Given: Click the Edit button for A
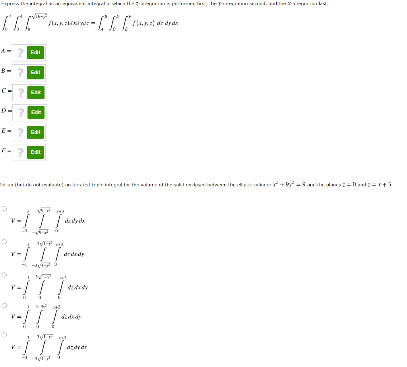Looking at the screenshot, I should (x=35, y=52).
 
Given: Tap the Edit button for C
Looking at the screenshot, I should (x=36, y=92).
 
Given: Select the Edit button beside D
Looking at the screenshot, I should (x=36, y=112).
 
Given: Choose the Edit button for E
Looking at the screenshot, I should (x=36, y=132).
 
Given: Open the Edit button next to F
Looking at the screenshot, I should (x=35, y=152).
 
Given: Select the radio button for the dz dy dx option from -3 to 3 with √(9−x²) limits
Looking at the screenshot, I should (x=4, y=208).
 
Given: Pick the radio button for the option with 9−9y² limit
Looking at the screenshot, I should (x=4, y=305).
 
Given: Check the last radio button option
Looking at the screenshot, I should (x=4, y=335).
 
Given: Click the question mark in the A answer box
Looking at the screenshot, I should (x=20, y=52).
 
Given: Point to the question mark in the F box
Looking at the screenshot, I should (x=20, y=152).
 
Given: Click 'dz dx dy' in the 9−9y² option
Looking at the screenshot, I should (x=72, y=317).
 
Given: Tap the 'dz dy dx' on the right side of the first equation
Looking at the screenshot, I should (x=167, y=23).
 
